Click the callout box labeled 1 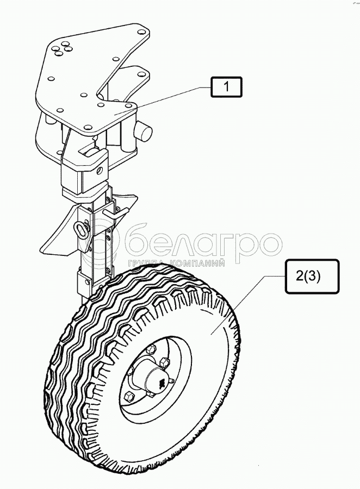pos(227,87)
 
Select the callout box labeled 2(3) pos(308,275)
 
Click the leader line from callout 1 pos(168,100)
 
